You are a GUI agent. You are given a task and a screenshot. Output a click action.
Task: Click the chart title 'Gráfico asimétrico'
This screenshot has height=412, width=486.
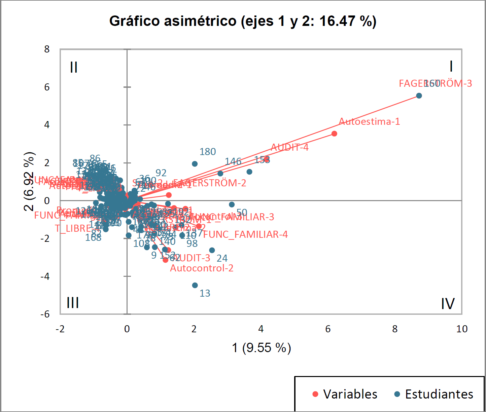(243, 21)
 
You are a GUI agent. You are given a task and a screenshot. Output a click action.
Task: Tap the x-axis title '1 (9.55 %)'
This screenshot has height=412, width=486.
(261, 348)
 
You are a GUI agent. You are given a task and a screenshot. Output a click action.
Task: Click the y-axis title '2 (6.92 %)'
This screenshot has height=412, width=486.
(29, 181)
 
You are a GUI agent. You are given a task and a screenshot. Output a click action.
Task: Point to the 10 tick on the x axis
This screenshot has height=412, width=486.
(462, 329)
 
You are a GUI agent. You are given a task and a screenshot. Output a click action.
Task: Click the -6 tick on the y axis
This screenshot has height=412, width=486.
(45, 314)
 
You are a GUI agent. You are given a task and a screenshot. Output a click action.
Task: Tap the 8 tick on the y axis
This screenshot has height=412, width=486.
(47, 49)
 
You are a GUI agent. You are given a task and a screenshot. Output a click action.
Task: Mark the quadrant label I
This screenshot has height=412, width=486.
(451, 66)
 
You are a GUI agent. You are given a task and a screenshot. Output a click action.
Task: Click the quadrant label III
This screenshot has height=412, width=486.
(73, 303)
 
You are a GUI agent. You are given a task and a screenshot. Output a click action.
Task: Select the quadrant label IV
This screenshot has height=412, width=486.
(448, 304)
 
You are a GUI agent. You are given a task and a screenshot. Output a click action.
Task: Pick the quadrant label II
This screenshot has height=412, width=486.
(74, 67)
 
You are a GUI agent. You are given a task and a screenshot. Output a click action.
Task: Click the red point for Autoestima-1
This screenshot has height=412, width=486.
(334, 134)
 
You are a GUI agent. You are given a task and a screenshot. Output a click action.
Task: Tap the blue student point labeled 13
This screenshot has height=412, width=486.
(195, 285)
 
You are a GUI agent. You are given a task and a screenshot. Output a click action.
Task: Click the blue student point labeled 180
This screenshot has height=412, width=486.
(195, 164)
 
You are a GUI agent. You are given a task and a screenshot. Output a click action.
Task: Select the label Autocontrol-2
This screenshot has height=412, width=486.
(202, 268)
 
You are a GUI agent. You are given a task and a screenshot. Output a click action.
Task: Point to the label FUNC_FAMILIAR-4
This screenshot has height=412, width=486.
(245, 234)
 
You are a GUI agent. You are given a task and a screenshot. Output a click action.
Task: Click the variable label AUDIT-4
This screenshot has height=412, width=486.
(289, 147)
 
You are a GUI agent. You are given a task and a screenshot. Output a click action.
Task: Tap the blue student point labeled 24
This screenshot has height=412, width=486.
(212, 250)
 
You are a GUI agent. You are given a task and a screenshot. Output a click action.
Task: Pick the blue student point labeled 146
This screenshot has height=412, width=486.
(220, 174)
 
